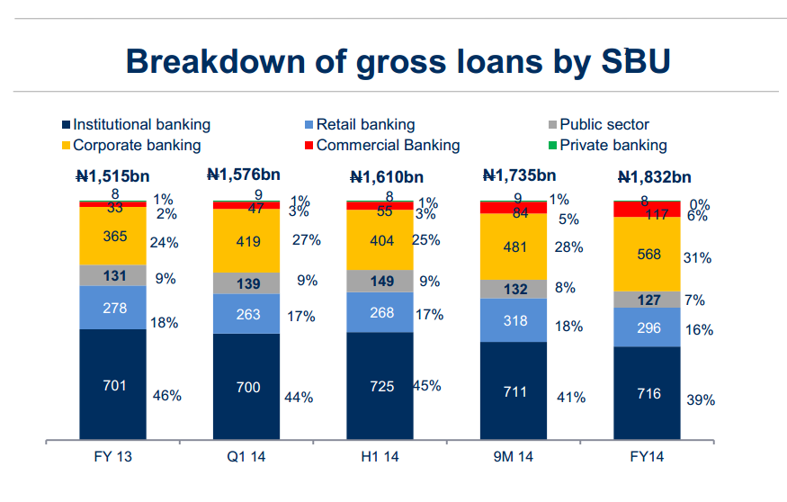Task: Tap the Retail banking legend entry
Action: coord(365,125)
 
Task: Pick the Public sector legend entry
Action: coord(604,125)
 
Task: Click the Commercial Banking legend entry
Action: coord(388,145)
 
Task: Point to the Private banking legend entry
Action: coord(613,145)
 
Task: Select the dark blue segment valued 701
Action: coord(112,385)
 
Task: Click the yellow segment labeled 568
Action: coord(647,254)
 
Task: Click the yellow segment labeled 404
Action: coord(380,240)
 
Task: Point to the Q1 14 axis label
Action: coord(246,457)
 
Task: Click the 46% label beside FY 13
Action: coord(167,395)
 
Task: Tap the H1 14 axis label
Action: coord(380,457)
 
